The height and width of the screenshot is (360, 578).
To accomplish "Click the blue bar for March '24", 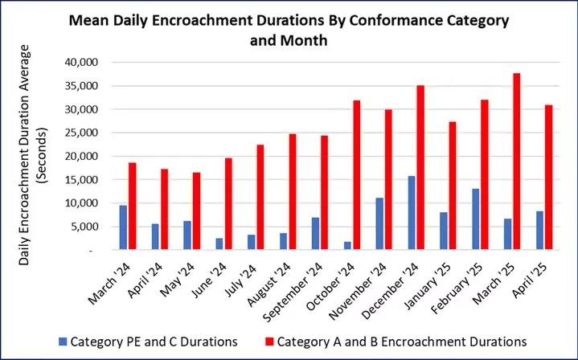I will [123, 227].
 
